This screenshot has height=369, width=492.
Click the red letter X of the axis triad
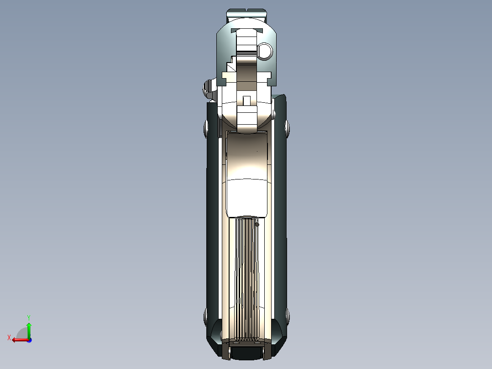(x=9, y=337)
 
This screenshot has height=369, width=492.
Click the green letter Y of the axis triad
(x=28, y=317)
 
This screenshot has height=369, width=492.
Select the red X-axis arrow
(x=18, y=340)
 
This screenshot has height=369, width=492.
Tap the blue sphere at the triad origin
(x=29, y=340)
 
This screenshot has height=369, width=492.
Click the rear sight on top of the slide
(x=246, y=15)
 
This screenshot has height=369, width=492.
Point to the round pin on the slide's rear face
(x=264, y=51)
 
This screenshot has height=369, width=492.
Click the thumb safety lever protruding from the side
(x=209, y=88)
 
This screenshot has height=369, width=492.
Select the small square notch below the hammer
(x=246, y=100)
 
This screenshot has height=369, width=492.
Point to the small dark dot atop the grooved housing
(x=257, y=224)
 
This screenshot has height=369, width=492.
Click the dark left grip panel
(x=213, y=219)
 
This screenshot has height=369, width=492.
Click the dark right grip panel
(x=280, y=219)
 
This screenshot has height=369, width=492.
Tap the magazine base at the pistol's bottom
(x=246, y=352)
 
